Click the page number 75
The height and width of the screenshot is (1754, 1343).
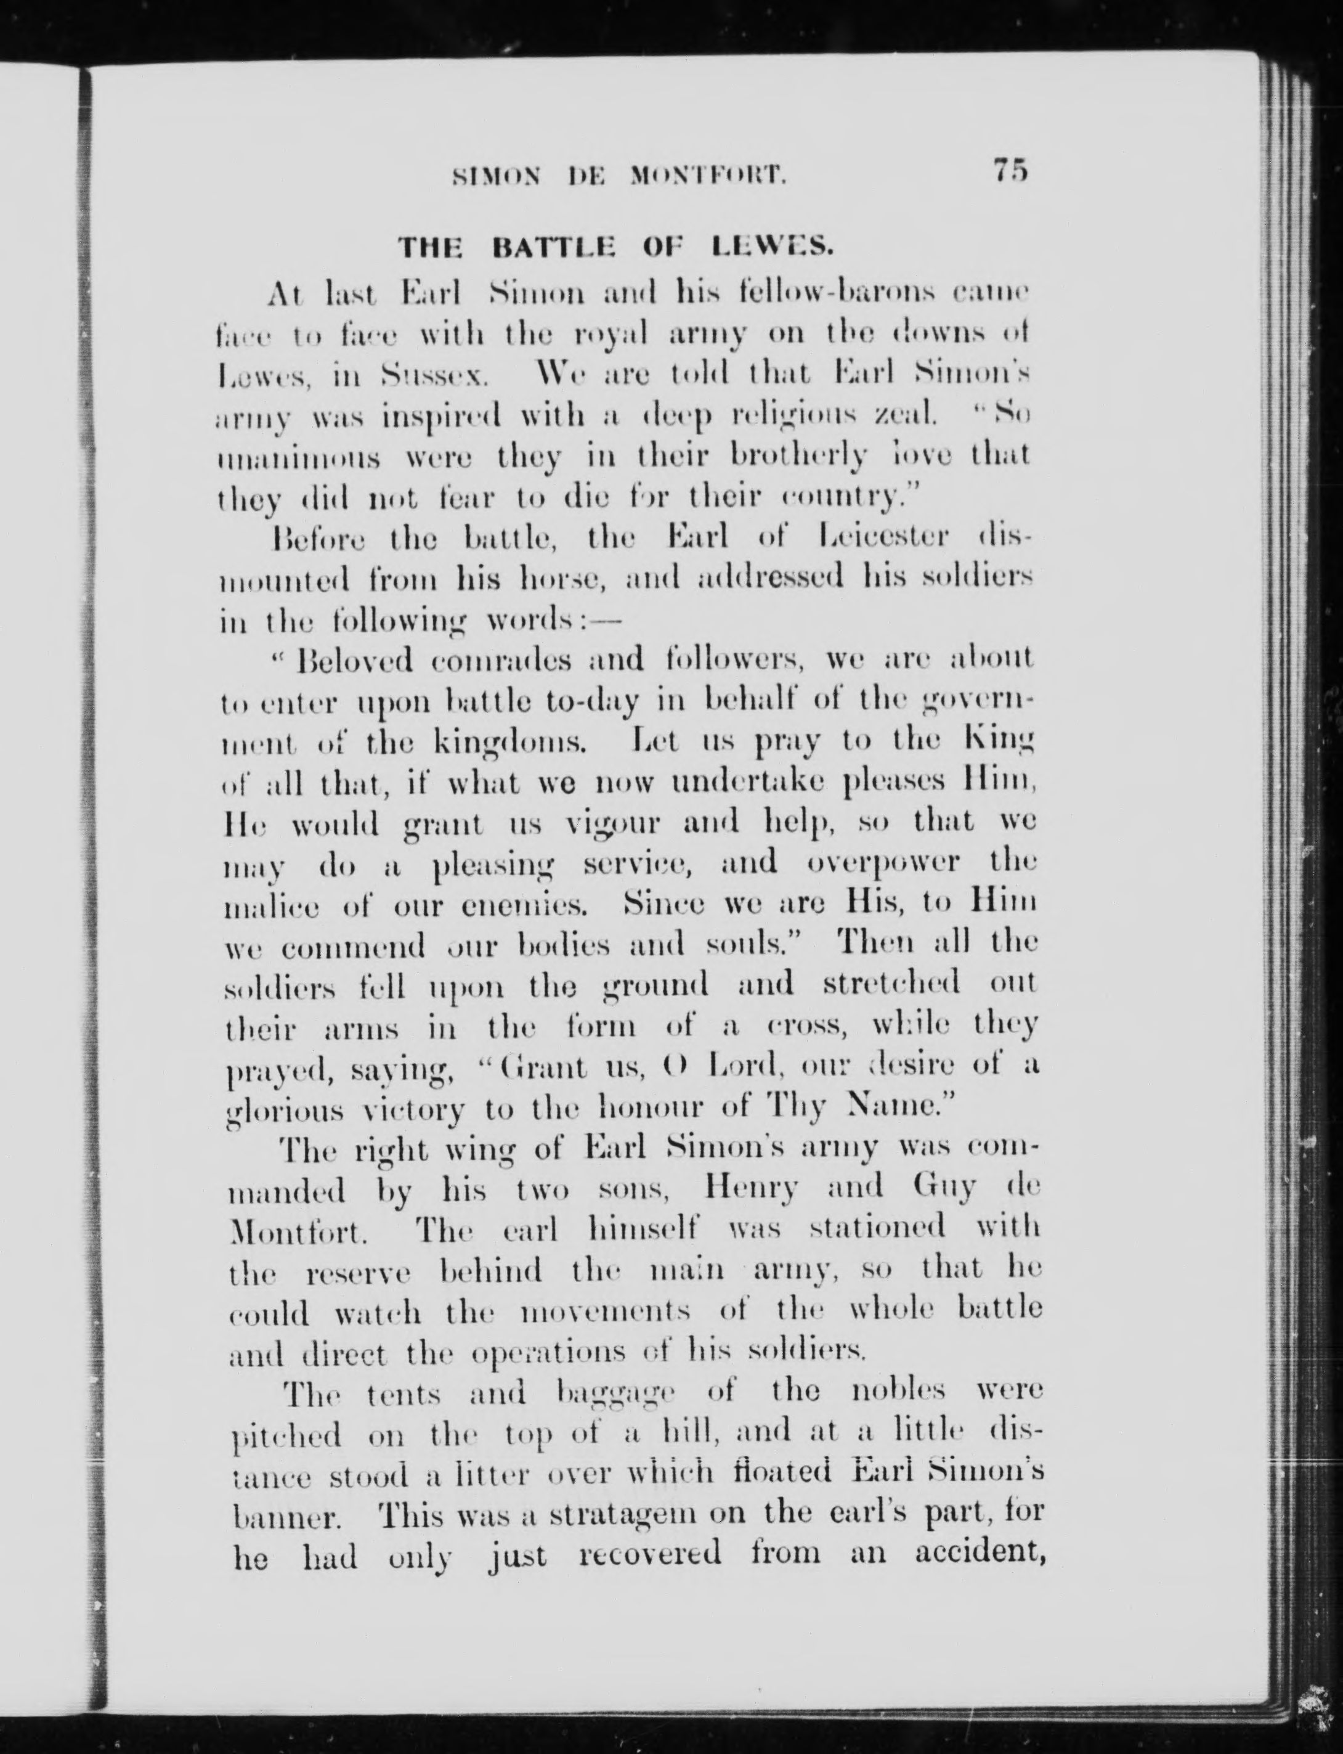1010,170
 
